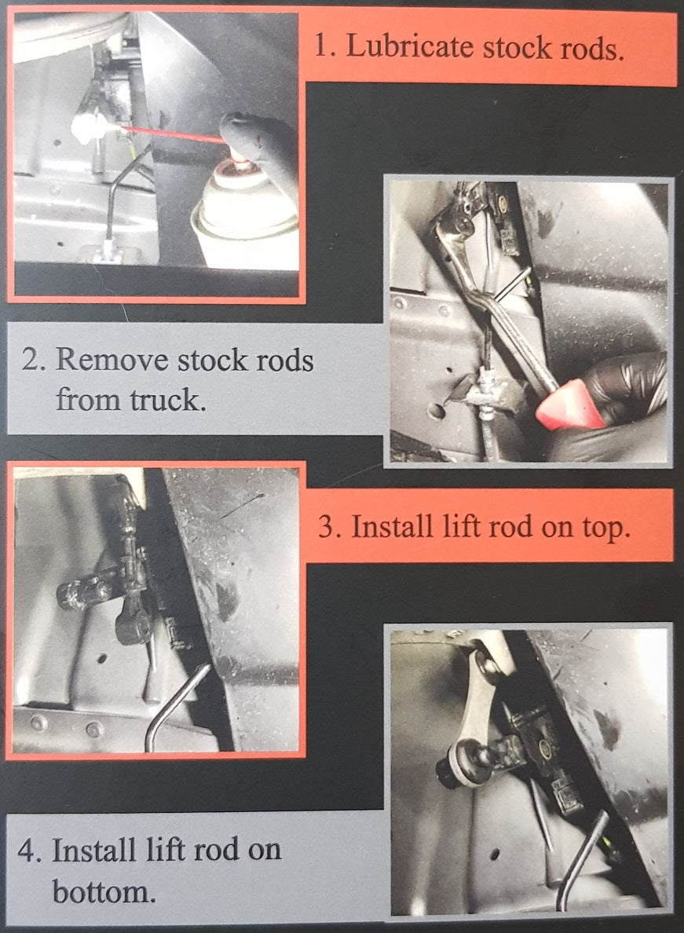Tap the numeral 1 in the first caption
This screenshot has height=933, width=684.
click(x=320, y=47)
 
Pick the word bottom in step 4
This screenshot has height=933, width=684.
click(x=102, y=891)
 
